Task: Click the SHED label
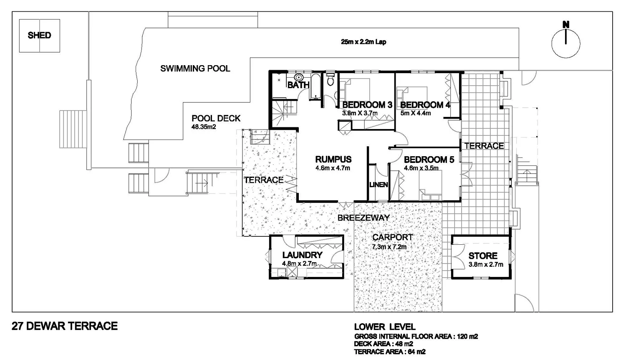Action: coord(39,35)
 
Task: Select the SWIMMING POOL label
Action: coord(195,68)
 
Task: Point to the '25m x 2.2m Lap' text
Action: coord(363,42)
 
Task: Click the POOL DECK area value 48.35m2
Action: coord(204,127)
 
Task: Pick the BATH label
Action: coord(298,85)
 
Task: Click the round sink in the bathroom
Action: coord(299,77)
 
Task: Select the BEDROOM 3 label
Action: coord(367,105)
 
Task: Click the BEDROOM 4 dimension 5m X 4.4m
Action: coord(415,113)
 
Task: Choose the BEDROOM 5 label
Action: coord(429,160)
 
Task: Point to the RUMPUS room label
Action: coord(333,159)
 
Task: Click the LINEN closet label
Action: coord(379,185)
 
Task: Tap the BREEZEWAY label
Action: coord(363,218)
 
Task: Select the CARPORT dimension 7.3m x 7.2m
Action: coord(389,247)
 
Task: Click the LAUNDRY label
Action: coord(302,255)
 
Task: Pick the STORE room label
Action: coord(483,256)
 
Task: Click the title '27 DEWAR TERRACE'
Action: coord(65,326)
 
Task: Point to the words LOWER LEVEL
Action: coord(384,327)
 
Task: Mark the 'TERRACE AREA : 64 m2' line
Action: coord(389,352)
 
